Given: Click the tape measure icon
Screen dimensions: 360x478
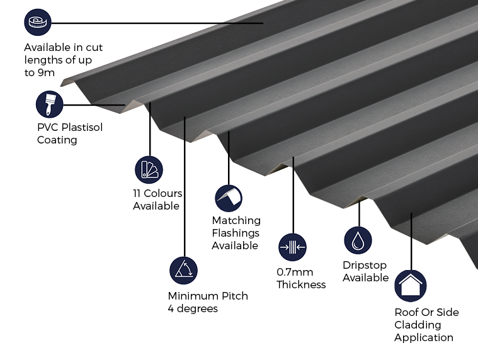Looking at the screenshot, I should (x=38, y=23).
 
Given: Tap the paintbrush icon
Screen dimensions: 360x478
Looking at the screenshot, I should (x=50, y=104).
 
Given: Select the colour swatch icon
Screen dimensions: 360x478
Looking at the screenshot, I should (x=149, y=169).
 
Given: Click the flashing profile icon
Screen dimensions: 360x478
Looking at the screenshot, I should (x=229, y=198).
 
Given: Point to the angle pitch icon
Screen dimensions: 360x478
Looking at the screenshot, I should (x=183, y=270).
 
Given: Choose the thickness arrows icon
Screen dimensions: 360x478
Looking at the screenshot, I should (x=292, y=247).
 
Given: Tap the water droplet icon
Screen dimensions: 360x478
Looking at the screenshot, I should (x=358, y=240).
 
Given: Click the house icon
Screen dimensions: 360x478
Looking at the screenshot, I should (x=410, y=286).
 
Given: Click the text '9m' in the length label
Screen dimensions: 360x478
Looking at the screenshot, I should (x=47, y=72).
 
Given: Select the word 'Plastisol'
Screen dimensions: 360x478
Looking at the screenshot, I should (x=81, y=128).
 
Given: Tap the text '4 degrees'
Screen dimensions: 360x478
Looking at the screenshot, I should (x=193, y=308).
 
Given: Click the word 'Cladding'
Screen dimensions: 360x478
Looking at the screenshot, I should (x=418, y=325).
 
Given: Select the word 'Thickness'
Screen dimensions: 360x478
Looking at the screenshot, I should (x=301, y=284).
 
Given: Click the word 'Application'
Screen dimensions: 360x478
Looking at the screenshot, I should (x=424, y=337).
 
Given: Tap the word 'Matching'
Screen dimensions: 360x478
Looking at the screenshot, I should (x=236, y=220).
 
